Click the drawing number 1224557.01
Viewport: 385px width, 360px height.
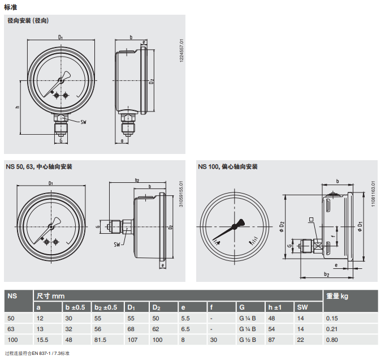(x=181, y=50)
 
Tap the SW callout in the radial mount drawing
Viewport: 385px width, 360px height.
(x=84, y=122)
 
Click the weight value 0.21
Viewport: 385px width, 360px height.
(x=332, y=329)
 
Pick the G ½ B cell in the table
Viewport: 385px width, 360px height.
(x=248, y=340)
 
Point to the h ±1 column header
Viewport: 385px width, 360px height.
(x=275, y=307)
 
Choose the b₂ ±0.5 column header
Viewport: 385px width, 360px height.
(x=106, y=307)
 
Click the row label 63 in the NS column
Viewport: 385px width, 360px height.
(x=11, y=329)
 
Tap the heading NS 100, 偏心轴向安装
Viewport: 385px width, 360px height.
(x=228, y=167)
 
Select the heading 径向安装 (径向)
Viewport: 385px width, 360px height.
(x=28, y=20)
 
